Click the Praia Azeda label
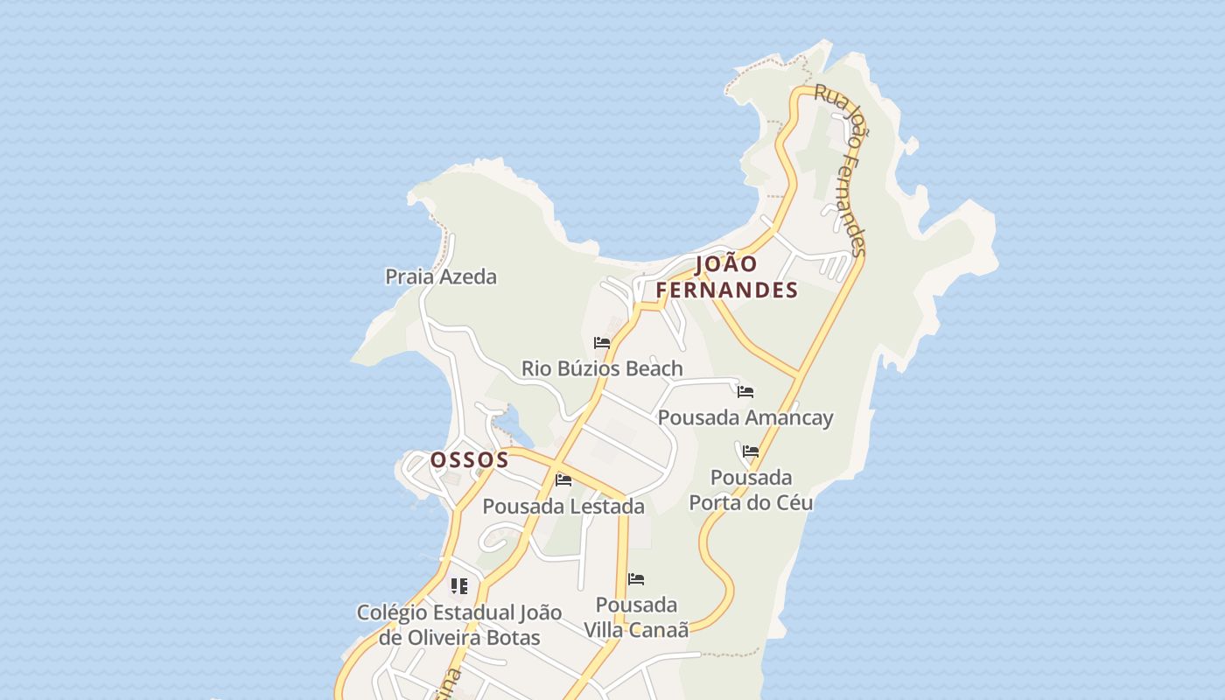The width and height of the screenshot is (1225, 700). click(441, 276)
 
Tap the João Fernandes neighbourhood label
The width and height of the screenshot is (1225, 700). click(727, 276)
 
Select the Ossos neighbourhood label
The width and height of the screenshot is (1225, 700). click(469, 459)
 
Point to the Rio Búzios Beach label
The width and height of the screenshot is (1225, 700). click(602, 368)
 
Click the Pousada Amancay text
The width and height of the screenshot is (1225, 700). click(745, 417)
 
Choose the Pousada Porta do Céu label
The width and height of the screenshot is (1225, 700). click(751, 490)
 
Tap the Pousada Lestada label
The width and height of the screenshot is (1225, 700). click(563, 506)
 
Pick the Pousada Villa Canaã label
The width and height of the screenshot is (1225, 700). click(636, 617)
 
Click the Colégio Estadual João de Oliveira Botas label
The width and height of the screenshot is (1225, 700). click(459, 625)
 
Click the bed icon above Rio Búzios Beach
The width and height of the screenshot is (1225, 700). click(602, 342)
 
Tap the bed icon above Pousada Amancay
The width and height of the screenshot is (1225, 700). click(745, 391)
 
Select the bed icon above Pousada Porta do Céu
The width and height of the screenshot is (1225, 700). click(751, 451)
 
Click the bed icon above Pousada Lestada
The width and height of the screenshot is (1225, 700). click(563, 479)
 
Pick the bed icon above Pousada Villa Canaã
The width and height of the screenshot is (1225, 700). click(636, 579)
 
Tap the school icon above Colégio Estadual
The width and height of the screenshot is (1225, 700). click(459, 585)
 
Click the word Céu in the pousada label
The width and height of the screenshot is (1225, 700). click(792, 502)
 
